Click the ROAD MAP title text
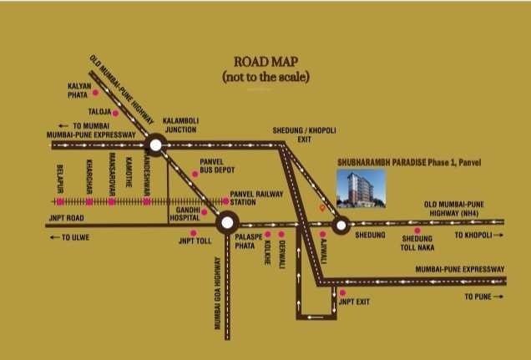point(265,62)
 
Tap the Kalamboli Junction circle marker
point(155,144)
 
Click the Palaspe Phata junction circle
point(227,223)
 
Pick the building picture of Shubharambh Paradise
point(360,187)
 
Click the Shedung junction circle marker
point(341,224)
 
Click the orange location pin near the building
point(323,207)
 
